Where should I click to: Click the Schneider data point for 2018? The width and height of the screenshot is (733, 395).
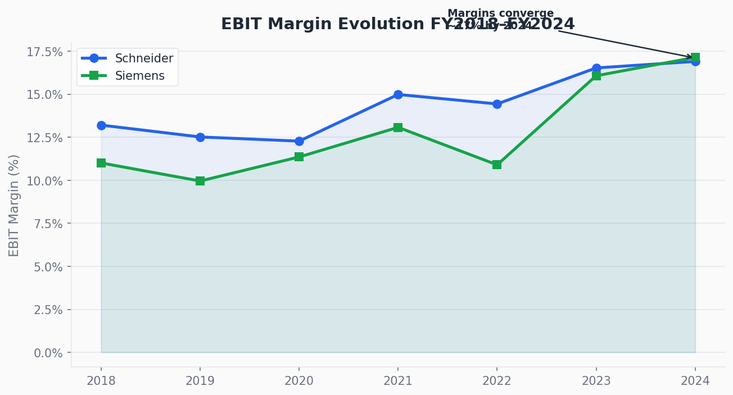coord(101,125)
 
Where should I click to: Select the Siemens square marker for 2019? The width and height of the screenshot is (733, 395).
coord(200,181)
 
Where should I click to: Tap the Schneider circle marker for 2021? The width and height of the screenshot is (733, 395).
coord(398,94)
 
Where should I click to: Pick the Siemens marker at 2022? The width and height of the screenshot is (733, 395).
coord(497,165)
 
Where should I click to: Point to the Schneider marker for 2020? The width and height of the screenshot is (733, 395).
coord(299,141)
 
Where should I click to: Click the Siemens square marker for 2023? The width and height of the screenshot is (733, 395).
coord(596,76)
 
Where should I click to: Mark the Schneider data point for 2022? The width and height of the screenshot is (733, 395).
coord(497,104)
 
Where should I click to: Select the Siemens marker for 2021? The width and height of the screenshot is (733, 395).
coord(398,128)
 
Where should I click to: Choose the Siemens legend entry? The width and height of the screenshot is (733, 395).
coord(139,76)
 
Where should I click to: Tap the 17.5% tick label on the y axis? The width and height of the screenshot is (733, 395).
coord(44,52)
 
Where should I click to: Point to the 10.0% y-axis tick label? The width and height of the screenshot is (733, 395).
coord(44,181)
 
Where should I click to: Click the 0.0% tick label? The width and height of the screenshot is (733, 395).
coord(48,353)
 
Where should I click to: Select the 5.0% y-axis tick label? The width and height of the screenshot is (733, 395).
coord(48,267)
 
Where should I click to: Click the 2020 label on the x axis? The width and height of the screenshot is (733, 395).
coord(299,381)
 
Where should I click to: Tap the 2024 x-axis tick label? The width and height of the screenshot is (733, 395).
coord(695,381)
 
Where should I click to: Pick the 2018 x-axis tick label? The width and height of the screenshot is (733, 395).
coord(101,381)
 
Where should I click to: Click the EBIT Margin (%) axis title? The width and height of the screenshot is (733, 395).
coord(14,205)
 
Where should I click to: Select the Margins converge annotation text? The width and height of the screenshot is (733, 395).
coord(500,13)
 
